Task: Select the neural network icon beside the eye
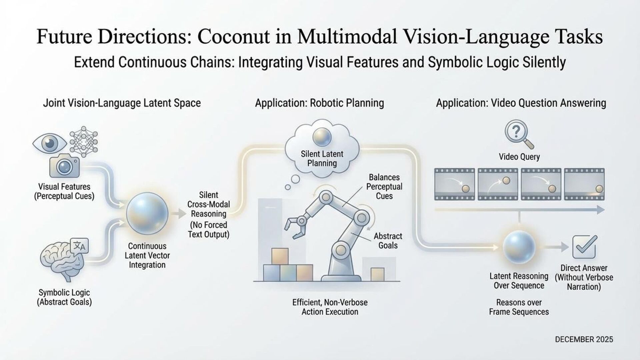tap(84, 142)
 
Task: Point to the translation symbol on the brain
tap(79, 246)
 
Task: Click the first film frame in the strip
tap(454, 184)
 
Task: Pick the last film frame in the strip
tap(584, 184)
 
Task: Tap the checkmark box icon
tap(584, 247)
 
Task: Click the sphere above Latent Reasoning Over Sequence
tap(519, 247)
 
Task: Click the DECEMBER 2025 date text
tap(584, 339)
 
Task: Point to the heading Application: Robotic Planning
tap(319, 103)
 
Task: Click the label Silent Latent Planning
tap(322, 159)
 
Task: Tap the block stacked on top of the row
tap(280, 256)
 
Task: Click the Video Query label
tap(519, 157)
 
